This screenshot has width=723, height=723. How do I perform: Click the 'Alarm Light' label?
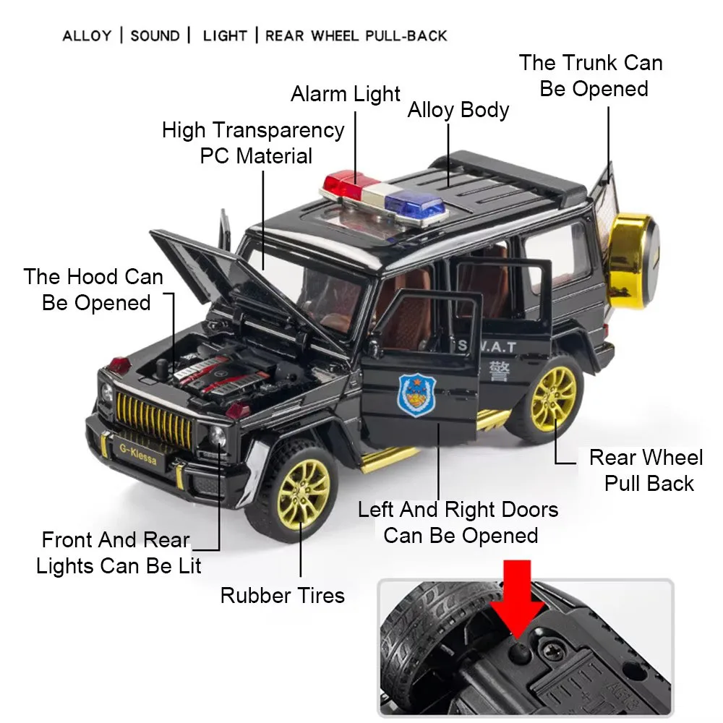[x=345, y=94]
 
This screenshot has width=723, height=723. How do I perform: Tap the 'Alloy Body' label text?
[x=458, y=110]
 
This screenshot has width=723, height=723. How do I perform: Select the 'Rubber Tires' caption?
[x=282, y=596]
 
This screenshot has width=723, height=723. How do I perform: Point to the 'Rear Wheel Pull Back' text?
[x=646, y=470]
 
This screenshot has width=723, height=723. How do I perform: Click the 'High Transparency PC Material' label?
[x=254, y=142]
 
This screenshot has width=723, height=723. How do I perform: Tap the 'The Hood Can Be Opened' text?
[x=94, y=289]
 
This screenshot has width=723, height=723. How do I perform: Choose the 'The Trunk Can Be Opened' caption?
[x=591, y=76]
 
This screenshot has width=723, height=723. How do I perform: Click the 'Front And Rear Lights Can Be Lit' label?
[x=117, y=552]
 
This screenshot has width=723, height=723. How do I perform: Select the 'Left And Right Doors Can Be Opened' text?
[x=458, y=522]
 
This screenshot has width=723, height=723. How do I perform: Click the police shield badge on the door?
[x=412, y=393]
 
